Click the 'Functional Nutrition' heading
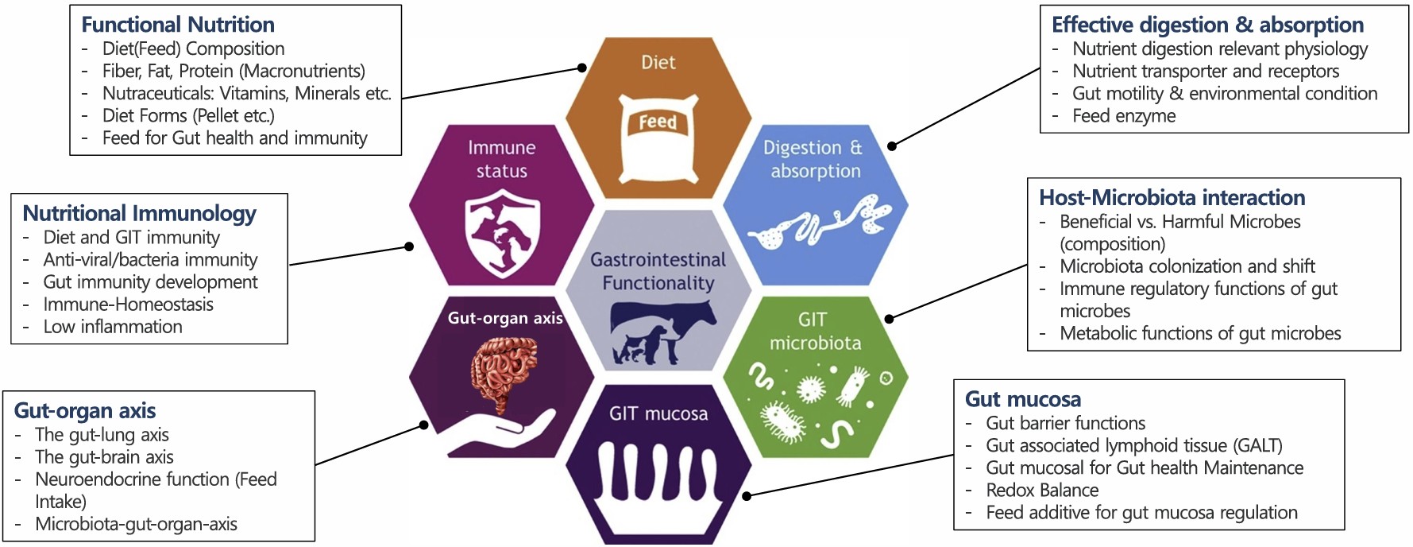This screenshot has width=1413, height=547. (178, 25)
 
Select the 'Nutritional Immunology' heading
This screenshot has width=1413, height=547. (139, 213)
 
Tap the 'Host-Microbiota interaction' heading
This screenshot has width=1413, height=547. (1172, 197)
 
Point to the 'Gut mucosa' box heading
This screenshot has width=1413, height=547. (1022, 399)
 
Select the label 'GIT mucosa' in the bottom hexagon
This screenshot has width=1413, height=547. (658, 413)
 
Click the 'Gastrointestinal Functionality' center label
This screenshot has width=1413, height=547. (658, 271)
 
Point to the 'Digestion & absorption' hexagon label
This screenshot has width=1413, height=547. (814, 159)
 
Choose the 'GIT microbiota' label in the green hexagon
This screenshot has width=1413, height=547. (815, 331)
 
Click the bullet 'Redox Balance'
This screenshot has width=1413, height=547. (1042, 490)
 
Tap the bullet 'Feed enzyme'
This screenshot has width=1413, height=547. (1123, 115)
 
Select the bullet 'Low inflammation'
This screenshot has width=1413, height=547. (113, 327)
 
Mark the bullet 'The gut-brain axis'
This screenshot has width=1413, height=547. (104, 457)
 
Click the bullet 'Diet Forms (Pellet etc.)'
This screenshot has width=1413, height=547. (188, 115)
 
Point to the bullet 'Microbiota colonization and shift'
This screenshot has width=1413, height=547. (1187, 266)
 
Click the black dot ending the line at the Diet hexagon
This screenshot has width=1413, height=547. (582, 68)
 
